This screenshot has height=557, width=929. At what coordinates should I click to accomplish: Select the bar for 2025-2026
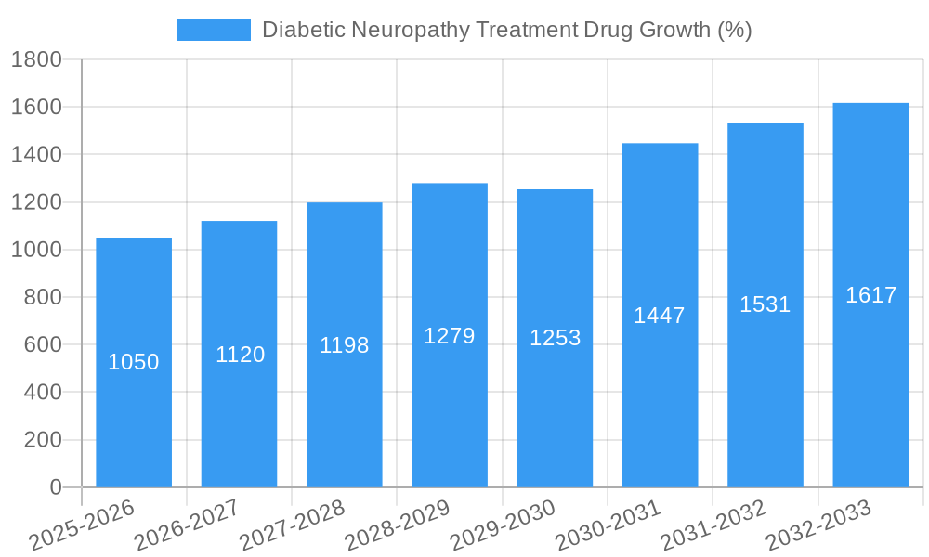click(x=134, y=362)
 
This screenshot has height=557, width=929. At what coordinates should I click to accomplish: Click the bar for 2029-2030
click(x=555, y=338)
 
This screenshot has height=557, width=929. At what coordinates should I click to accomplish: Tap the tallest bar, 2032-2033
click(x=870, y=295)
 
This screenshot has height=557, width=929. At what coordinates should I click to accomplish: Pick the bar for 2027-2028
click(x=344, y=344)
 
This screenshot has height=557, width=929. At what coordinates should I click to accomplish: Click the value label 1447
click(x=660, y=316)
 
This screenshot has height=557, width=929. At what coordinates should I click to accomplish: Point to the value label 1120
click(x=240, y=355)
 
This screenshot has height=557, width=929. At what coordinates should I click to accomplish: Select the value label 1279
click(x=450, y=336)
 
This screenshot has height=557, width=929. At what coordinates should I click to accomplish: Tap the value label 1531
click(x=765, y=304)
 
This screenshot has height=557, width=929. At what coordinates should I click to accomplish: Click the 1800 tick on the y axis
click(x=36, y=60)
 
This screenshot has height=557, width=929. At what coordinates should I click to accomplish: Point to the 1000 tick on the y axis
click(x=36, y=250)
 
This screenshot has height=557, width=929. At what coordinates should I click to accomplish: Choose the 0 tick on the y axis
click(x=55, y=487)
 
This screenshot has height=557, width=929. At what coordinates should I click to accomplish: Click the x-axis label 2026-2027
click(x=186, y=525)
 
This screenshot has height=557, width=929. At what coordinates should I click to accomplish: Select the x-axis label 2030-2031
click(x=608, y=525)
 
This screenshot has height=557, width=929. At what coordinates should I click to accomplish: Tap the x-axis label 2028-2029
click(x=397, y=525)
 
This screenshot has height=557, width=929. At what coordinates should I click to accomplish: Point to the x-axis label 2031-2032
click(x=713, y=525)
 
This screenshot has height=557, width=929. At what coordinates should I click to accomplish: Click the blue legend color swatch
click(x=214, y=30)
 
